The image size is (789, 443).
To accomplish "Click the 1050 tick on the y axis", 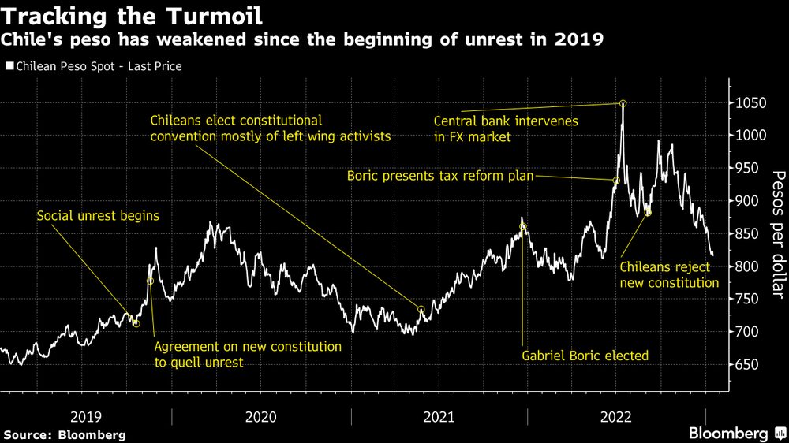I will tap(751, 103).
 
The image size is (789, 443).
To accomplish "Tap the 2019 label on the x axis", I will tap(86, 415).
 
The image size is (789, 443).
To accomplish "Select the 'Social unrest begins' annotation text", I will tap(98, 215).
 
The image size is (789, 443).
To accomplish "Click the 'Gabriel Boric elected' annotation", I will tap(585, 356).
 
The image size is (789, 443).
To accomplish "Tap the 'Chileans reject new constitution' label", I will tap(669, 275).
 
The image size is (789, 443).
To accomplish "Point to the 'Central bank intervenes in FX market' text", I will tap(507, 129).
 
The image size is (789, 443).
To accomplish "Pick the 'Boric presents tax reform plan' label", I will tap(440, 175).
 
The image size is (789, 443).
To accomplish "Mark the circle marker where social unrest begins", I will tap(136, 323).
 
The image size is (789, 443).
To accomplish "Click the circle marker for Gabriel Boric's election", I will tap(522, 227).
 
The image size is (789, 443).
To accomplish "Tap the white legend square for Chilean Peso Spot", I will tap(9, 66).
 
